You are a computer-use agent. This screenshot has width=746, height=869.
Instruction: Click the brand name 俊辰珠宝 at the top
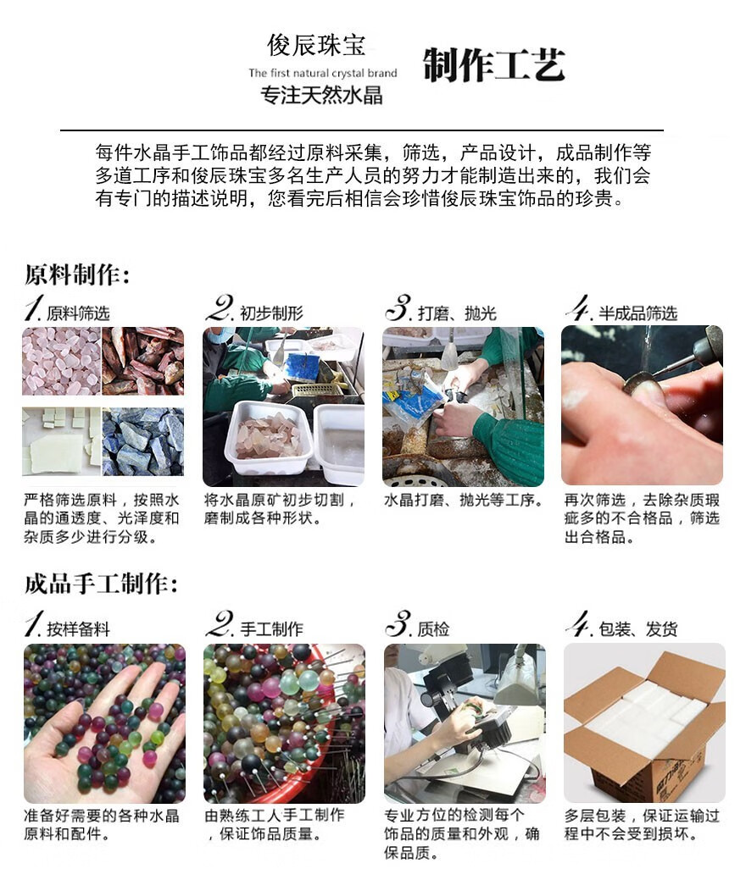click(x=316, y=45)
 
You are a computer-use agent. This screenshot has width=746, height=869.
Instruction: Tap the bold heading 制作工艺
click(x=494, y=65)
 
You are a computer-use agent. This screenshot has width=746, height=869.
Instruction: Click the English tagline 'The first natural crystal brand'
click(x=323, y=73)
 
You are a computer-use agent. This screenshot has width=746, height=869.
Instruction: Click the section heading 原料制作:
click(x=78, y=274)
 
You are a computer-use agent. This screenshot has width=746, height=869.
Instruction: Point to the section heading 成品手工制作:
click(x=102, y=584)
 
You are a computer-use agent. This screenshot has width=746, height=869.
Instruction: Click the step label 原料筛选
click(x=78, y=313)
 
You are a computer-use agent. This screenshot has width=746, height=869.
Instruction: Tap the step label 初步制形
click(x=272, y=313)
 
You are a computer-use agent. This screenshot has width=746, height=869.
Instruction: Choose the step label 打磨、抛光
click(x=457, y=313)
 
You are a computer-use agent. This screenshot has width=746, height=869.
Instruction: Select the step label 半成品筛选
click(x=637, y=313)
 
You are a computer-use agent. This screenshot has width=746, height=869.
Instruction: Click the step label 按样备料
click(x=78, y=629)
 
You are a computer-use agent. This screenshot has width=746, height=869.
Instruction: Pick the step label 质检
click(x=433, y=629)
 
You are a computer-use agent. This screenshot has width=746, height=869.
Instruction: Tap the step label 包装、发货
click(x=637, y=629)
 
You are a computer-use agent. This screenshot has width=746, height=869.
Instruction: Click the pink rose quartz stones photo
click(x=62, y=361)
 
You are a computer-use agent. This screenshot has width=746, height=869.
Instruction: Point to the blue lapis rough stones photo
click(x=143, y=442)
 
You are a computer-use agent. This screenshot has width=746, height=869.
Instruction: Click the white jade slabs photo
click(x=62, y=442)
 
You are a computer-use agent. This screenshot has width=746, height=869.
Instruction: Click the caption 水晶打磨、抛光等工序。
click(x=464, y=500)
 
